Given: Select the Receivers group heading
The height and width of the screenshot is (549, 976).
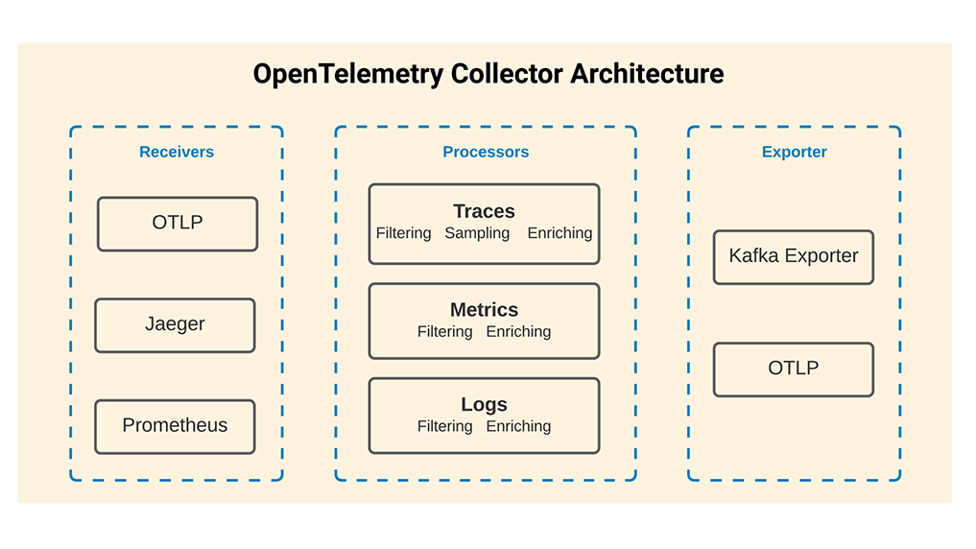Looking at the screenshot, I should point(177,152).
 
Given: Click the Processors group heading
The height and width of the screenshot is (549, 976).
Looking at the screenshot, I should point(486,152).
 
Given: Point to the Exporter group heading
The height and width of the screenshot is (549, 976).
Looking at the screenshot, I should point(795,152).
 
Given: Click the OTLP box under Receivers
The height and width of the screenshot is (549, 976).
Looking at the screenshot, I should point(178,224).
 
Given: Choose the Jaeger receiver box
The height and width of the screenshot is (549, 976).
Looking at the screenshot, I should point(175,324).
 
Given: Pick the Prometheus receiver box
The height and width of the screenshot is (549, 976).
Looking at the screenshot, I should point(175,426).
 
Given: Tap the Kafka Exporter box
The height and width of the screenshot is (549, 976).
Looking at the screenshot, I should point(794,257).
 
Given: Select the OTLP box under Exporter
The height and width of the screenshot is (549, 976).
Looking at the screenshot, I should point(794,370).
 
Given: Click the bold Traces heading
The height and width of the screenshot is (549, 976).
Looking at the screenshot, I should point(485,211).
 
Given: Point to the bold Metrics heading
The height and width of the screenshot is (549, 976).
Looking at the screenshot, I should point(485,310).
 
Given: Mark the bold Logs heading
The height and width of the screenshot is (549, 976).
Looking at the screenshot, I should point(485,405).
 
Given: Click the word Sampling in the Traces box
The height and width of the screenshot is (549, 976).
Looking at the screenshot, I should point(477,233).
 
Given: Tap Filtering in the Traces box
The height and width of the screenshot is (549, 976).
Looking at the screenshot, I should point(404,233).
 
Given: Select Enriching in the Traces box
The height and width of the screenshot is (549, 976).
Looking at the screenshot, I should point(560,233).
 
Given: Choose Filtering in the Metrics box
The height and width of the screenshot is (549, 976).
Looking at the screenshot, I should point(445,332).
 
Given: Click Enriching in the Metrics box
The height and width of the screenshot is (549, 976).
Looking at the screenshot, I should point(519,332).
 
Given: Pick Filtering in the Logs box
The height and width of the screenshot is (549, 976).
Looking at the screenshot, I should point(445,426).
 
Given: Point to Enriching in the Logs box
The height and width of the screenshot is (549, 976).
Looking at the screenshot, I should point(519,426).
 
